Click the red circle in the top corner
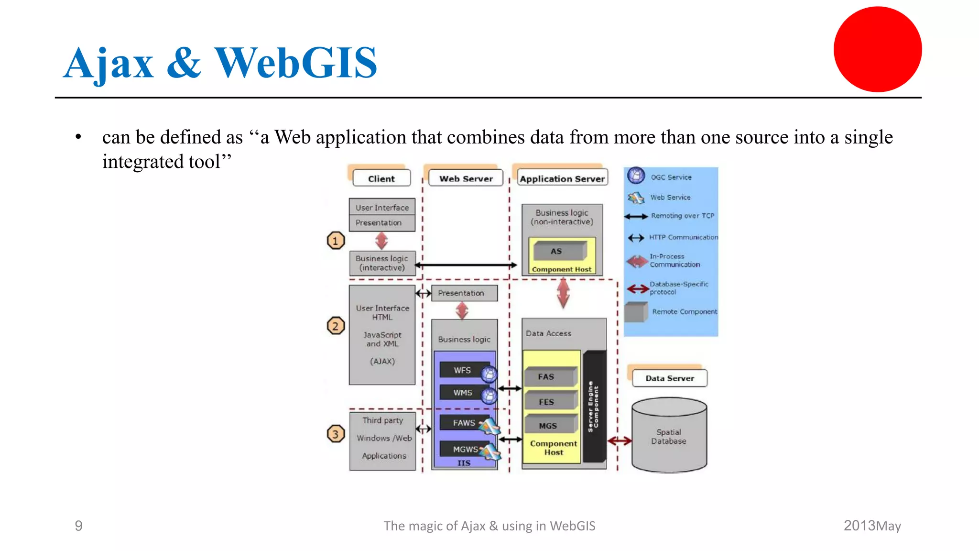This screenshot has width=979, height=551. pyautogui.click(x=878, y=49)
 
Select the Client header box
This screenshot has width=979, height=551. pyautogui.click(x=381, y=178)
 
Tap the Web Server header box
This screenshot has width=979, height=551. pyautogui.click(x=466, y=178)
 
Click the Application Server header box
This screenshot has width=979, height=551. pyautogui.click(x=562, y=178)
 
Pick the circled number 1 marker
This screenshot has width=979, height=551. pyautogui.click(x=336, y=241)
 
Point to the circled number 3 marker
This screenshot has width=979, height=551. pyautogui.click(x=336, y=434)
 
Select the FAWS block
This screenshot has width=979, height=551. pyautogui.click(x=464, y=423)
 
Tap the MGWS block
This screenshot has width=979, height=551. pyautogui.click(x=465, y=449)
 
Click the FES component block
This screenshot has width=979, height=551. pyautogui.click(x=547, y=402)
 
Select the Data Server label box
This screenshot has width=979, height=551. pyautogui.click(x=669, y=378)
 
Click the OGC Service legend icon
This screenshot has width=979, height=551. pyautogui.click(x=636, y=176)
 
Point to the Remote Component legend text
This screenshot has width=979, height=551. pyautogui.click(x=684, y=311)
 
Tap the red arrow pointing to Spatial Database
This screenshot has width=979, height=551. pyautogui.click(x=620, y=441)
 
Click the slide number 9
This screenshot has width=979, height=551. pyautogui.click(x=79, y=526)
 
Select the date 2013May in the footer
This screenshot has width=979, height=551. pyautogui.click(x=872, y=526)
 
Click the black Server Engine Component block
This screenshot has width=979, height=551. pyautogui.click(x=594, y=407)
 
